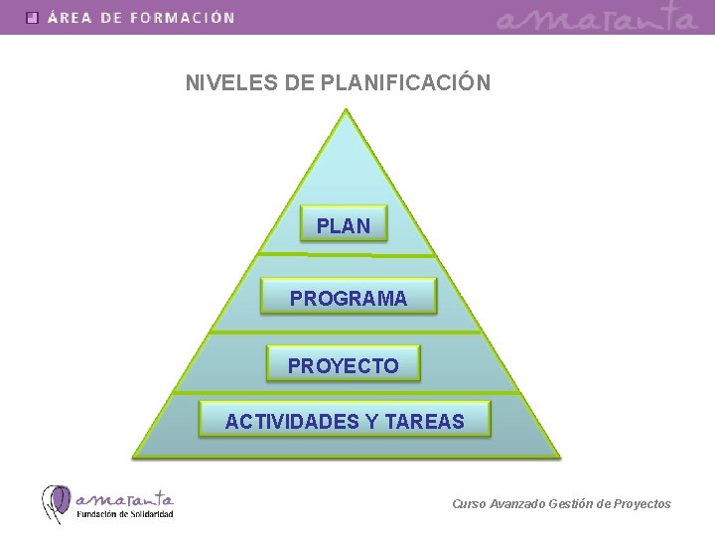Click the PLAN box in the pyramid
[344, 226]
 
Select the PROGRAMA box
[349, 298]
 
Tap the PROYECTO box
[344, 365]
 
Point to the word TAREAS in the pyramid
[424, 422]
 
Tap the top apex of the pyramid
[346, 110]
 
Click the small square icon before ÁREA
[33, 18]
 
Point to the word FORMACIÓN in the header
[182, 18]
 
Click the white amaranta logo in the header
[597, 18]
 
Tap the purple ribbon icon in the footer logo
[56, 503]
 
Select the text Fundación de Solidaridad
[125, 514]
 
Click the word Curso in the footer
[469, 504]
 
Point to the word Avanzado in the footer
[514, 504]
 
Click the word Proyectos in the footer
[643, 504]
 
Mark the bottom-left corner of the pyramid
[135, 456]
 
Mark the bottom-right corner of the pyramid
[559, 456]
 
